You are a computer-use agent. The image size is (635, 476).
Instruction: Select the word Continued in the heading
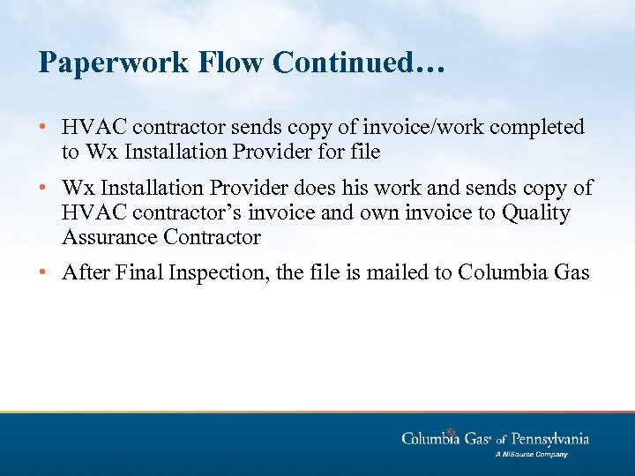(341, 63)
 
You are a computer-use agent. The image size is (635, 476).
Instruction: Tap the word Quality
(537, 212)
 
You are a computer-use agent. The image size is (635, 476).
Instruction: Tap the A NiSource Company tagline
(531, 455)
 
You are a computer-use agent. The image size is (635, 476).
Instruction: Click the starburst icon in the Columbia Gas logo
(452, 433)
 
